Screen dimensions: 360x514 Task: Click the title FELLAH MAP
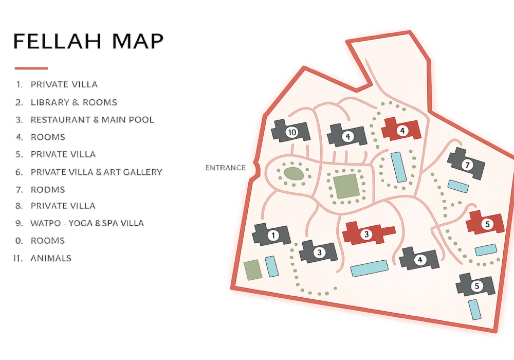point(88,42)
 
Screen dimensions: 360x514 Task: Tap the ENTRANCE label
point(225,168)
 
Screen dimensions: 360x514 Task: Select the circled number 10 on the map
point(292,132)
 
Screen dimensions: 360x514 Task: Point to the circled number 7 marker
point(467,165)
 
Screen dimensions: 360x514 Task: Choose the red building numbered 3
point(367,235)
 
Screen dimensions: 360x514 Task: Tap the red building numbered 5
point(485,224)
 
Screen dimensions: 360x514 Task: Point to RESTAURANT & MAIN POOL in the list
point(92,120)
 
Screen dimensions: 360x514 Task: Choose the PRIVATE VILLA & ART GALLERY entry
point(96,172)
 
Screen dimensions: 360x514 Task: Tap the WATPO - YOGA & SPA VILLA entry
point(87,223)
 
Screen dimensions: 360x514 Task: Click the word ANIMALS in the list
point(51,258)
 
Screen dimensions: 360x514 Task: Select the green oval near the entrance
point(293,173)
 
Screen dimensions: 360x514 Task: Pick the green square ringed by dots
point(346,186)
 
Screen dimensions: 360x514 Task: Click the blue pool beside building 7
point(457,186)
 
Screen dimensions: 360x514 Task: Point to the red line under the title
point(31,68)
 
